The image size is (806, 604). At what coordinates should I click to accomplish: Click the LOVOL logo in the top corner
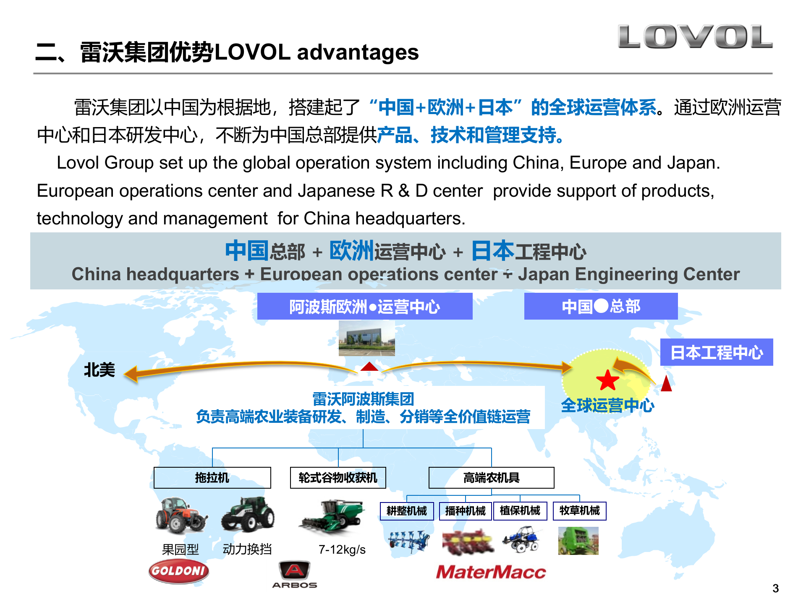695,37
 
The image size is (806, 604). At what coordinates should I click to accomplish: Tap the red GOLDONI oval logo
178,571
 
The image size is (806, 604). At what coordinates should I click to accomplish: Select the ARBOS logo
295,575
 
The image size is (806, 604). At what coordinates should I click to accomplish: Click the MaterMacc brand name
491,572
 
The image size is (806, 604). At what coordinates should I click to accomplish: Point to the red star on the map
607,380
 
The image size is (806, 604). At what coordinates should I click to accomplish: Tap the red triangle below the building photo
369,367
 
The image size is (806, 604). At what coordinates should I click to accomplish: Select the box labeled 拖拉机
212,478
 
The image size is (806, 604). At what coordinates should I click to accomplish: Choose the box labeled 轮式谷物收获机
338,478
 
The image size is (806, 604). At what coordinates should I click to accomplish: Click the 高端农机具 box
491,478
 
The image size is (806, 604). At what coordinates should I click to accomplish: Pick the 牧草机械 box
579,511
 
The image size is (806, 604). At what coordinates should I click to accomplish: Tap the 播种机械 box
465,511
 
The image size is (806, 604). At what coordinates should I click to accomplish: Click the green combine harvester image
332,518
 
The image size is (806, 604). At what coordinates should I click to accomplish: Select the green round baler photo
578,541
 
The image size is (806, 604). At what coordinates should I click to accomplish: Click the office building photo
366,338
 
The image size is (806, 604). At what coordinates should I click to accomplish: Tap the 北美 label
99,370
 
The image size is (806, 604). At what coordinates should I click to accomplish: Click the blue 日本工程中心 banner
716,352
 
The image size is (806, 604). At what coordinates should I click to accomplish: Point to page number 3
775,588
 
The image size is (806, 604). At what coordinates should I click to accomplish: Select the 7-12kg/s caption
342,549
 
